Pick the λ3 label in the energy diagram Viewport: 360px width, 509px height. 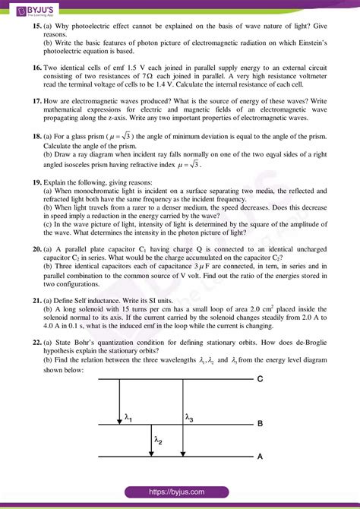191,417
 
